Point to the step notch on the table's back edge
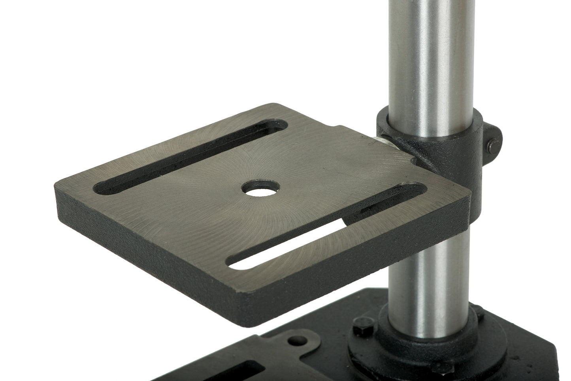coord(338,128)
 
